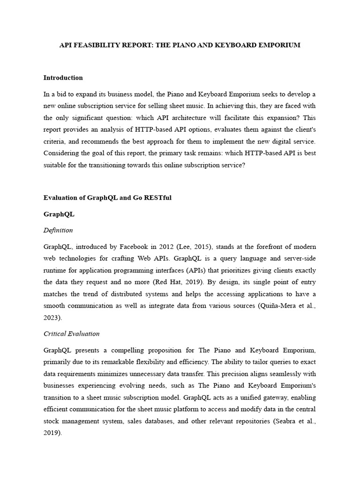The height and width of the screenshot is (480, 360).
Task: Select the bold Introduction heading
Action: [63, 78]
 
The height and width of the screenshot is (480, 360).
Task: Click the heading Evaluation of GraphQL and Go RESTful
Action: [107, 198]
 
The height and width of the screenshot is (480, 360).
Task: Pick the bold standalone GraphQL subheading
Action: [59, 214]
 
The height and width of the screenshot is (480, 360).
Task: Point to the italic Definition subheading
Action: [58, 230]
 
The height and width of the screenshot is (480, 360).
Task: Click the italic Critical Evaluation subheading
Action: [71, 334]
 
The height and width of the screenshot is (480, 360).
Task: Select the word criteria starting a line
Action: [54, 141]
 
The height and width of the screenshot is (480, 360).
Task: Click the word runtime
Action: [54, 271]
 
